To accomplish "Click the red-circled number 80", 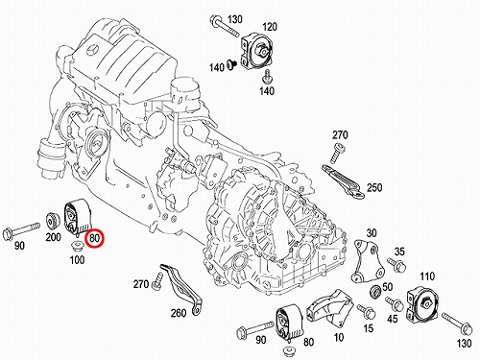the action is [95, 238].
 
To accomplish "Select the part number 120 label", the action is [270, 27].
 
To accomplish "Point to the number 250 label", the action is [374, 187].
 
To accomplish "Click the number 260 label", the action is [179, 313].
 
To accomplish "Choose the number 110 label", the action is [427, 276].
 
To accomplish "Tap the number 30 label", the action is [372, 233].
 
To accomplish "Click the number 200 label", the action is [53, 237].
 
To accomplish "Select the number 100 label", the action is [77, 259].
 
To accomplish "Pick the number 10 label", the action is [338, 337].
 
